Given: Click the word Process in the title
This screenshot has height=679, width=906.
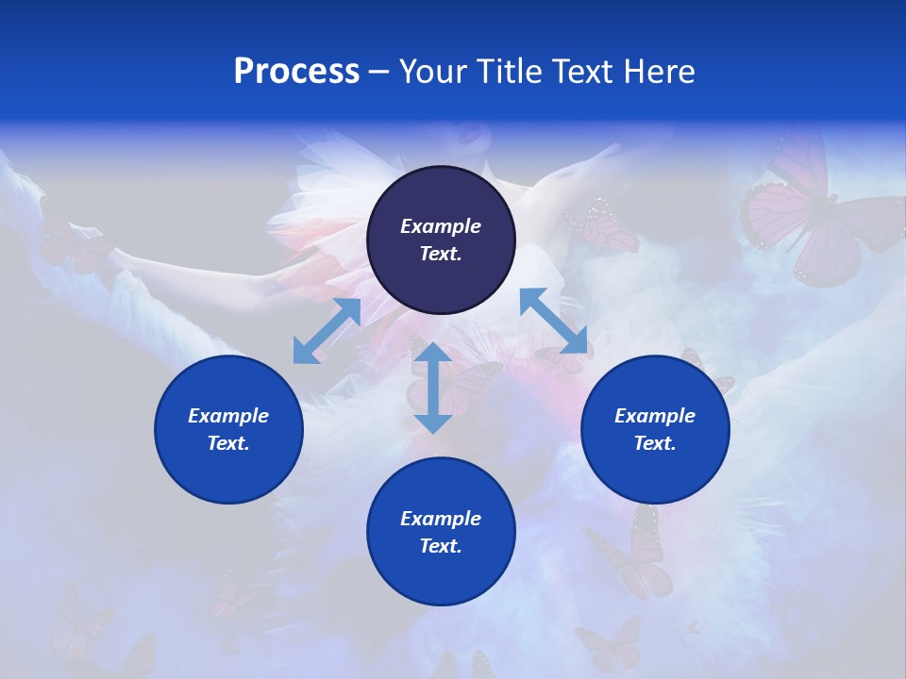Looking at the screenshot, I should click(x=296, y=72).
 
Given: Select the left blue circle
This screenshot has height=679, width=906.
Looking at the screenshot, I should click(x=228, y=429).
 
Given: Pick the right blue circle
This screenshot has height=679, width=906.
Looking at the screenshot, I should click(x=655, y=429).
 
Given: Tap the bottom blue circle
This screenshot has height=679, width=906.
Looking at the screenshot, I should click(x=441, y=532).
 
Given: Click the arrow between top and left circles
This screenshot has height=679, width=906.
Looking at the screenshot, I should click(x=327, y=331).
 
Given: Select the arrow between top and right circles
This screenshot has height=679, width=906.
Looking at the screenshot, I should click(x=554, y=320).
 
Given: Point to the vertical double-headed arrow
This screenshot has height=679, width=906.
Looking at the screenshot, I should click(x=432, y=388).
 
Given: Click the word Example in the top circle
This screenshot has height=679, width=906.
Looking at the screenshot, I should click(x=441, y=226).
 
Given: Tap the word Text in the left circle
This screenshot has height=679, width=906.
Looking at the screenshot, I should click(x=228, y=443).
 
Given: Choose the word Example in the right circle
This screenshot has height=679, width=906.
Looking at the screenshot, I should click(x=655, y=416).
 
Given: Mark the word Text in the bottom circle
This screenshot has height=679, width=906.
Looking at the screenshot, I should click(x=441, y=546).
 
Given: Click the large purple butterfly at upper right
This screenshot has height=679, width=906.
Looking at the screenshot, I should click(x=812, y=217).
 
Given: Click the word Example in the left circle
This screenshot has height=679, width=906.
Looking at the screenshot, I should click(x=228, y=416).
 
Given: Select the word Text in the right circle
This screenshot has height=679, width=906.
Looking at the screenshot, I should click(x=655, y=443).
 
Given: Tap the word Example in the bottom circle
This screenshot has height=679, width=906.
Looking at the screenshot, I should click(x=441, y=519).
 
